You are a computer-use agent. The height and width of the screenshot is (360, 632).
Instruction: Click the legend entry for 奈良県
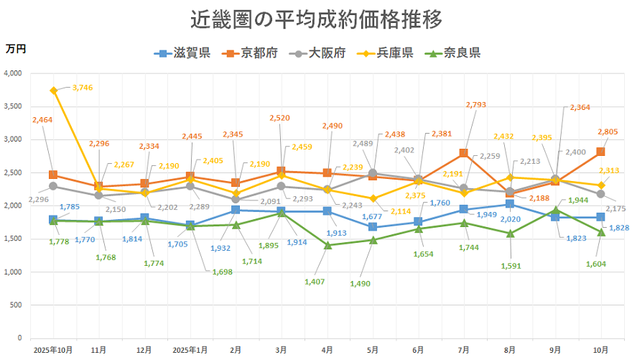453,52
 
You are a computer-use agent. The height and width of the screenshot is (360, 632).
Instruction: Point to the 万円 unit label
16,49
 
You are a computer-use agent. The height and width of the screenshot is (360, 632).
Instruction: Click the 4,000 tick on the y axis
13,73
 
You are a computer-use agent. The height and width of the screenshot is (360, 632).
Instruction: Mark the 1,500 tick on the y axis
13,239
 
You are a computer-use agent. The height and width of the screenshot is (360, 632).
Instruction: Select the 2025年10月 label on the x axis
53,349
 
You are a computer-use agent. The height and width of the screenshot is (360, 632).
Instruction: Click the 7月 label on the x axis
464,349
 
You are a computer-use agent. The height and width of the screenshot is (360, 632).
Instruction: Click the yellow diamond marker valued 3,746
53,91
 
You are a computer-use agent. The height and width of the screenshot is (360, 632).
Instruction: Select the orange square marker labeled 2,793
464,153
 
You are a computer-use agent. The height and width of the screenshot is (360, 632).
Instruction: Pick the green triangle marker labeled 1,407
327,245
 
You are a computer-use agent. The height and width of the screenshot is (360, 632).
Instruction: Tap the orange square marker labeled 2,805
600,152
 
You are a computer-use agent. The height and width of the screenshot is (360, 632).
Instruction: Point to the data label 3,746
83,88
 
